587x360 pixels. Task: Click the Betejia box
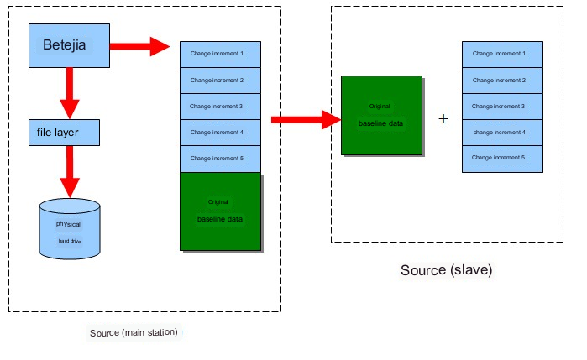tap(69, 45)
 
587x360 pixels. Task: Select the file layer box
tap(64, 132)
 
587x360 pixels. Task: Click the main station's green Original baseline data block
tap(220, 211)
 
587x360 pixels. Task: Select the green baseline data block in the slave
tap(381, 115)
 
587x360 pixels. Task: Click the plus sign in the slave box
tap(443, 119)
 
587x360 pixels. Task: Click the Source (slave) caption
tap(446, 270)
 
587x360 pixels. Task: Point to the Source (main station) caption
tap(134, 333)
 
